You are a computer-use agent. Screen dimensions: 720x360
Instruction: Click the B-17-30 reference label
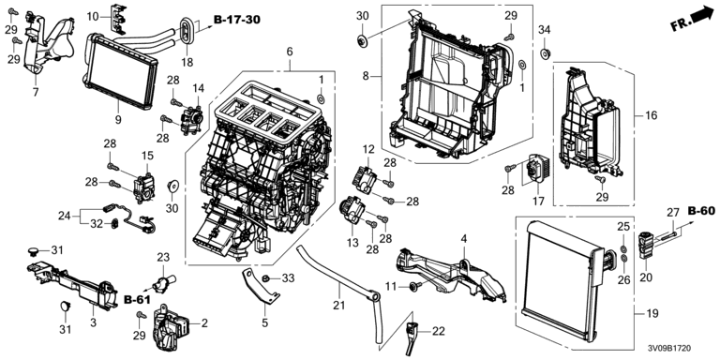237,20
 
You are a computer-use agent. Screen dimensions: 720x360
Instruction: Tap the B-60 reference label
701,211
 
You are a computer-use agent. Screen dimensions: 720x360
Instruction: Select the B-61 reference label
137,299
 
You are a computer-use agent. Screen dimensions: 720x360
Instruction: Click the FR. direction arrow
690,19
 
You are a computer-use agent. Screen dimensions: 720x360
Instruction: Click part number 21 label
339,291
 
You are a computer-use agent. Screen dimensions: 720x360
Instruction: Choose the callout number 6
290,52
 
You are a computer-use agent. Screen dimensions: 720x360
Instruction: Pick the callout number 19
652,314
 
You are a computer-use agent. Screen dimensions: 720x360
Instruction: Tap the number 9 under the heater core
118,119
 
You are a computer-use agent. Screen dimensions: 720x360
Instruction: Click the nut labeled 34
544,53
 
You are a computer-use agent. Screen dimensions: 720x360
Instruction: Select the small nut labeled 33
266,277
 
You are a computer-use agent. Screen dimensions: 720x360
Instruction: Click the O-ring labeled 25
623,249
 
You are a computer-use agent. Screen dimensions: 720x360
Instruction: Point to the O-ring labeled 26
623,260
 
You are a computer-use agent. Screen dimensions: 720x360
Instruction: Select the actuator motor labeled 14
192,120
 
